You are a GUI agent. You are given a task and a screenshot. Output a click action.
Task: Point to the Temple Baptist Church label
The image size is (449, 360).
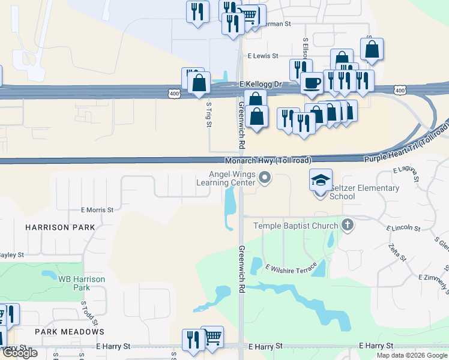296,226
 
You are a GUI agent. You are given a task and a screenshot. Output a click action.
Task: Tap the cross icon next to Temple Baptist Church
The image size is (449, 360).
346,226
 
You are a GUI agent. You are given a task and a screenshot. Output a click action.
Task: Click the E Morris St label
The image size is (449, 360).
97,210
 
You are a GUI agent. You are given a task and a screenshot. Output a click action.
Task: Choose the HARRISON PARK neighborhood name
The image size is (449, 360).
60,227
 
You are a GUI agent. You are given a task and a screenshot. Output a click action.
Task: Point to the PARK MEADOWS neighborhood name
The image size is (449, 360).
70,332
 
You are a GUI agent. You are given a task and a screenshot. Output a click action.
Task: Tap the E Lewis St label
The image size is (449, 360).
263,56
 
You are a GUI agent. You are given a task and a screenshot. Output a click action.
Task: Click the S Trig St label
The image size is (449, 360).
209,114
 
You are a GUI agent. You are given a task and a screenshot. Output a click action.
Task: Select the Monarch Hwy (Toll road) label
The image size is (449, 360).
268,161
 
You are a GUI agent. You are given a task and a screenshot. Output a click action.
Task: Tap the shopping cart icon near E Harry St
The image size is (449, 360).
212,337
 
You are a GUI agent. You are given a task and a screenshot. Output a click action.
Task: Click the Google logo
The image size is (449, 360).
20,353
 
